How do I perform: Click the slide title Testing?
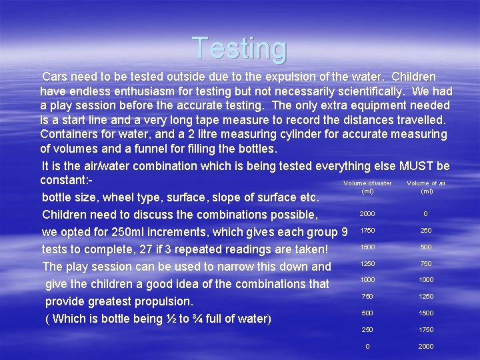coord(240,48)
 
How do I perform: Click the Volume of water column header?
coord(367,187)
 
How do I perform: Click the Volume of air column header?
coord(426,187)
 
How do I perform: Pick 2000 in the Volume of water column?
coord(367,214)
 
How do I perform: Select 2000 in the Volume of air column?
coord(426,346)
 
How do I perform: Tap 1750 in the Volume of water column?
coord(367,231)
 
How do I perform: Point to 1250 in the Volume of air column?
coord(426,297)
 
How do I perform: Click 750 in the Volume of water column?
coord(367,297)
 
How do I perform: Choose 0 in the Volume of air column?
coord(426,214)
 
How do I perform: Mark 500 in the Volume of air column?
coord(426,247)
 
